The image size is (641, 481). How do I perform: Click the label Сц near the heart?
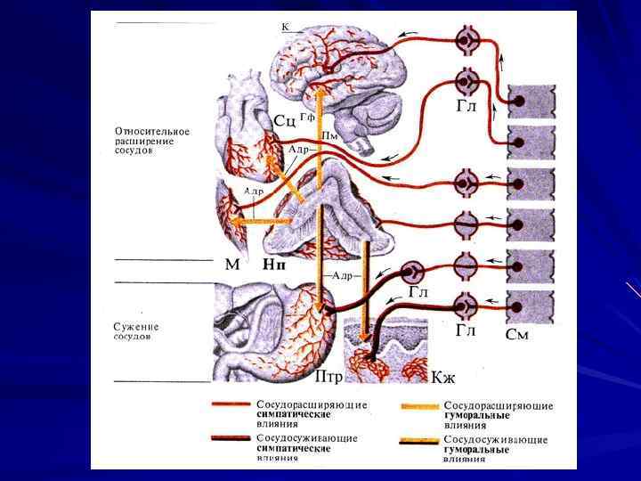[x=285, y=119]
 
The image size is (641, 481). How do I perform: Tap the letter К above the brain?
[x=285, y=28]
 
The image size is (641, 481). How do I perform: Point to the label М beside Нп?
[x=232, y=265]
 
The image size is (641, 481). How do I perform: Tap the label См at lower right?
[x=517, y=335]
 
